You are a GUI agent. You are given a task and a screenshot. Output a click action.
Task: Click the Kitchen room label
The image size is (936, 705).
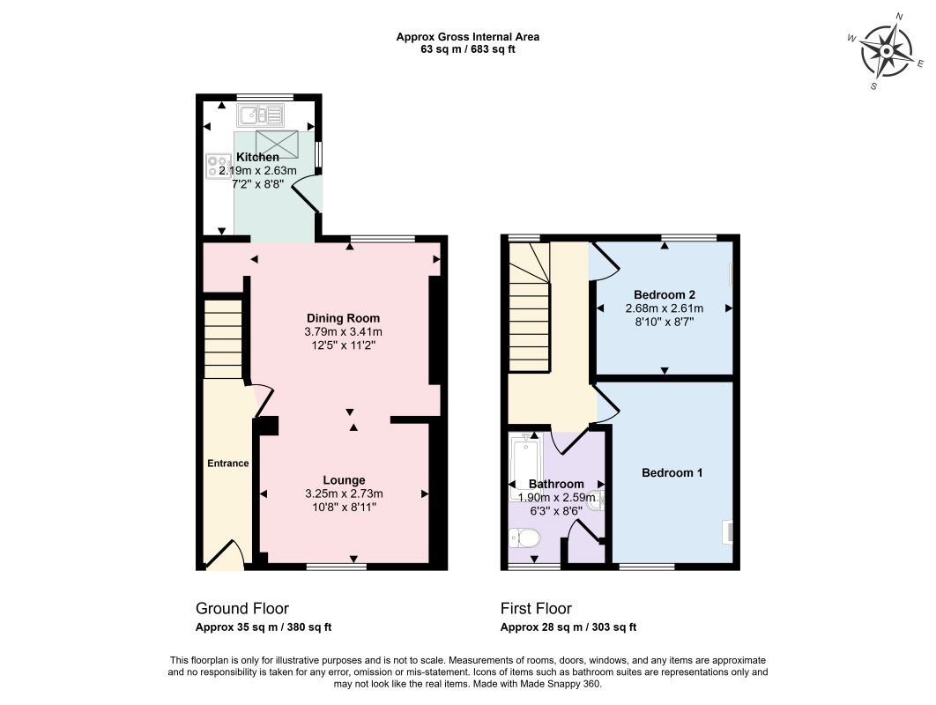tap(258, 157)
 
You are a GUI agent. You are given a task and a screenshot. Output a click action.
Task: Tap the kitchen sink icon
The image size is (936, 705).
tap(260, 115)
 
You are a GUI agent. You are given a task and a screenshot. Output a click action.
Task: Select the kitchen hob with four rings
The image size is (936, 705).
tap(219, 166)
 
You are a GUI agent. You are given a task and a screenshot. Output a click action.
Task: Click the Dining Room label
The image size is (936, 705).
tap(343, 318)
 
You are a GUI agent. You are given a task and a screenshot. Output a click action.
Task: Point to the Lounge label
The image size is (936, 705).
tap(344, 480)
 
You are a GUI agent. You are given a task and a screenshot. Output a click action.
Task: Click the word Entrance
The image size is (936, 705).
tap(228, 464)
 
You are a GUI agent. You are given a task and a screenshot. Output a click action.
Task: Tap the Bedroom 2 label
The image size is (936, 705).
tap(665, 294)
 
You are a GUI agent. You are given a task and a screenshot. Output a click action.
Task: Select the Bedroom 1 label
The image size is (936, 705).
tap(672, 472)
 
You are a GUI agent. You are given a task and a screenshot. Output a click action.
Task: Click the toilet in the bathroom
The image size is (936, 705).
tap(524, 538)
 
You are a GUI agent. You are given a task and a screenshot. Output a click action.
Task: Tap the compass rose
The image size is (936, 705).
tap(887, 51)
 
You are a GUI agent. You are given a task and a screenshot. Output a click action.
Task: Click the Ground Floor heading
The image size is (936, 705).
tap(242, 608)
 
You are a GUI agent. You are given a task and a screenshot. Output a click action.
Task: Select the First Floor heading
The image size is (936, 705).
tap(536, 608)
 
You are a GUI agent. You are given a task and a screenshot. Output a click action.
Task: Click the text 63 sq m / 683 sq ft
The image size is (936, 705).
tap(468, 49)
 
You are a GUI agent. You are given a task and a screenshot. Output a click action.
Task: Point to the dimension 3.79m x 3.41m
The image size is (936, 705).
tap(343, 332)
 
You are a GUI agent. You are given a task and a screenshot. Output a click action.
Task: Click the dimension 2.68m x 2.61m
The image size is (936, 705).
tap(665, 308)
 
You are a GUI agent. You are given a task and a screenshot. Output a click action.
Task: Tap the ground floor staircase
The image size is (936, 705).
tap(223, 339)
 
